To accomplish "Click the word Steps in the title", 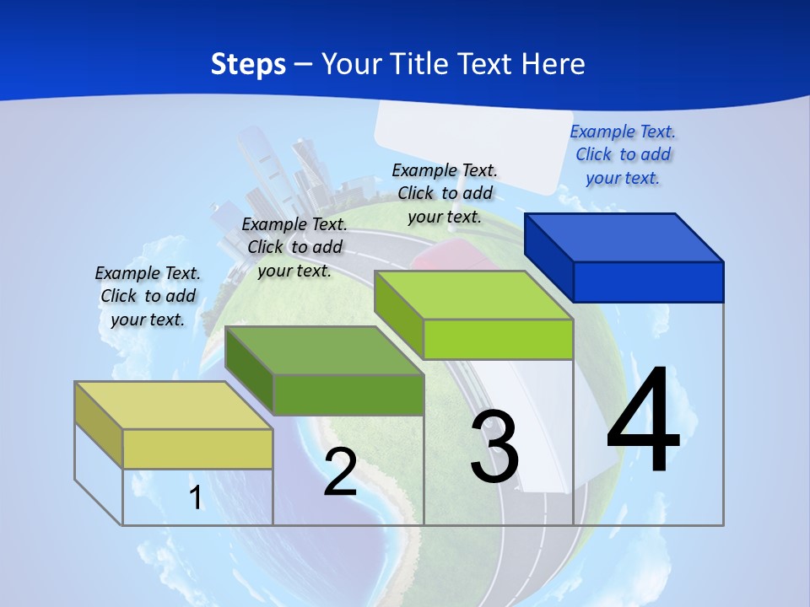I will point(248,64).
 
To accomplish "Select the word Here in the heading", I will point(553,64).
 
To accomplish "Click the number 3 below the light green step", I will point(494,447).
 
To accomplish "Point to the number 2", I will point(340,472).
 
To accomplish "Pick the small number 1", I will point(195,498).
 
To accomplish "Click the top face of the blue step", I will point(624,237).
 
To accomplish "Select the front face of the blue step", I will point(648,282).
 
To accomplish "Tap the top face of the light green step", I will point(473,295).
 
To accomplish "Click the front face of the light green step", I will point(498,340).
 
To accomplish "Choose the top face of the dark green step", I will point(324,350).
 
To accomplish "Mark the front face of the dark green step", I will point(348,395).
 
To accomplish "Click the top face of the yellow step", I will point(174,406).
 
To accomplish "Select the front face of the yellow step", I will point(197,449).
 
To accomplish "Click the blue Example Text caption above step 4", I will point(623,154).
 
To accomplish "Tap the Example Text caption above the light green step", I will point(445,193).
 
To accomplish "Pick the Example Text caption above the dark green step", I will point(294,247).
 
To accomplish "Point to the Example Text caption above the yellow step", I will point(148,296).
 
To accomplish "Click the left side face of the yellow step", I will point(99,425).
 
